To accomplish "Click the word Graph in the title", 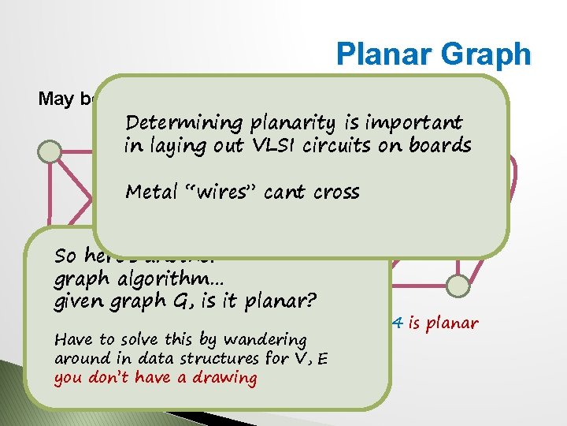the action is pyautogui.click(x=489, y=54).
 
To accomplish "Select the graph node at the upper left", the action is pyautogui.click(x=50, y=150).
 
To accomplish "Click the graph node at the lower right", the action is pyautogui.click(x=456, y=286).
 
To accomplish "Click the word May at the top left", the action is pyautogui.click(x=56, y=99).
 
